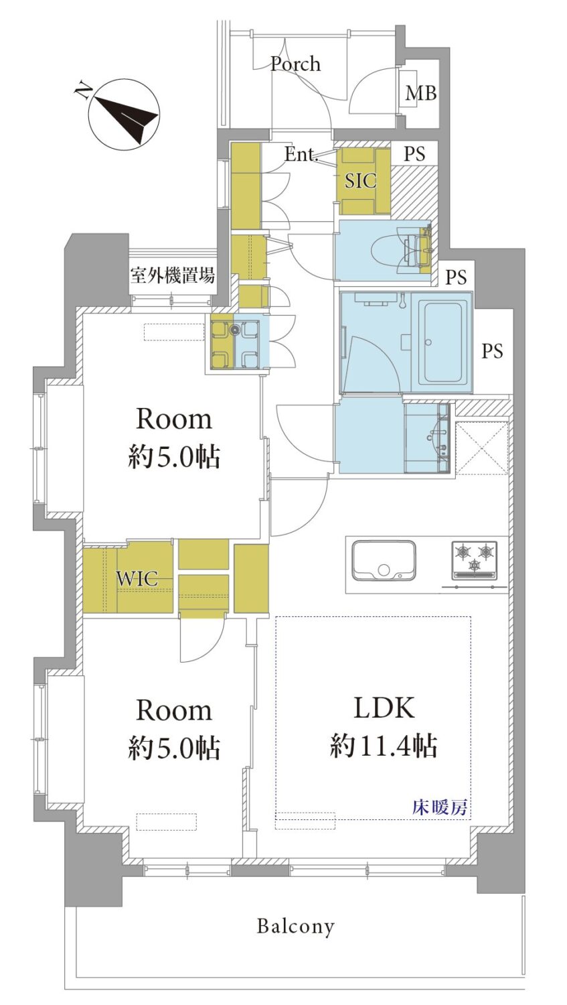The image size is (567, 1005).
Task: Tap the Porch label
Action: tap(295, 64)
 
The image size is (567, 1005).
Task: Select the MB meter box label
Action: tap(420, 93)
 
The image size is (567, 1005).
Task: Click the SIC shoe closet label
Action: tap(360, 181)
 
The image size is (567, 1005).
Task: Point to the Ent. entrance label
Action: tap(301, 155)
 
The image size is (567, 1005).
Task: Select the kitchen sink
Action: tap(384, 561)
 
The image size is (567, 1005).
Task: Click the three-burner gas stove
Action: tap(475, 560)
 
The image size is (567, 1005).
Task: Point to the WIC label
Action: tap(137, 578)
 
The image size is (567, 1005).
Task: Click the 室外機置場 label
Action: tap(172, 275)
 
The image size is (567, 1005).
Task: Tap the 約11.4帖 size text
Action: tap(383, 746)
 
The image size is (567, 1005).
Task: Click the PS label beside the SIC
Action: tap(414, 154)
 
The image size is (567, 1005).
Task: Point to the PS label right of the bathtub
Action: tap(492, 351)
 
